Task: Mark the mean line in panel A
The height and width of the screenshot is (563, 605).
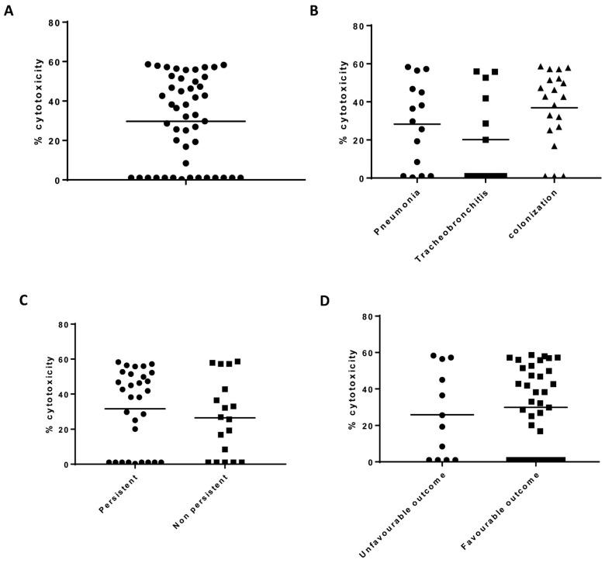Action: [185, 121]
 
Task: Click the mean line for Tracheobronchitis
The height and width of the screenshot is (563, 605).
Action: [485, 140]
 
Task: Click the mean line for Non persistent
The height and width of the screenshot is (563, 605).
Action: [226, 417]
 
